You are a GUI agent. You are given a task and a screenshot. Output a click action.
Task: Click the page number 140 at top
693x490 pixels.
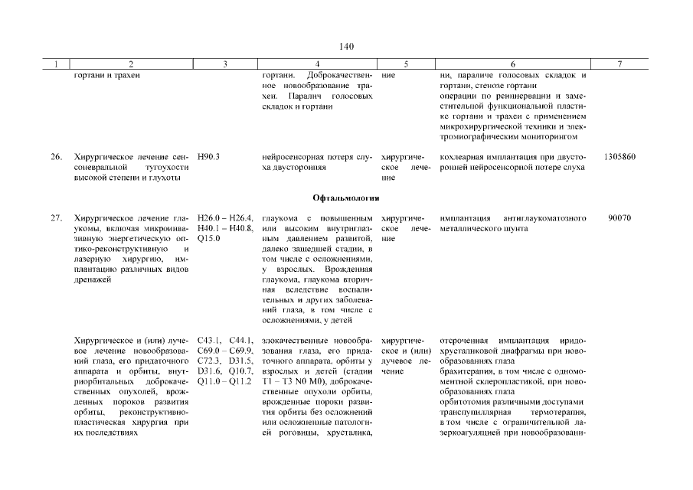coord(346,47)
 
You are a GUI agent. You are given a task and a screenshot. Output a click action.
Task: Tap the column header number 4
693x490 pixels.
coord(316,64)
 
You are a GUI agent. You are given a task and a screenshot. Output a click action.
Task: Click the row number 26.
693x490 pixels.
coord(56,157)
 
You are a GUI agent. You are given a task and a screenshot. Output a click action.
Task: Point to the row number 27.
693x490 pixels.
coord(56,219)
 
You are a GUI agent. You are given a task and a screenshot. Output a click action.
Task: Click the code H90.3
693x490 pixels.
coord(209,157)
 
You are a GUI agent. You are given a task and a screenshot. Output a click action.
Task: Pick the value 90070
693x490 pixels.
coord(619,219)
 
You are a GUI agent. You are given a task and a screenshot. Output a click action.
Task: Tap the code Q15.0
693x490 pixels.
coord(209,239)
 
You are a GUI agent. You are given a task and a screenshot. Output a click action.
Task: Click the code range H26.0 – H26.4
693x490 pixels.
coord(225,219)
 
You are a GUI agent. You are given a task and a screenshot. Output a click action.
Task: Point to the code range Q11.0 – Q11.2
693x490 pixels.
coord(225,380)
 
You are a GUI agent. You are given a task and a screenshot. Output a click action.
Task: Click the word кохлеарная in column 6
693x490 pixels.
coord(464,157)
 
